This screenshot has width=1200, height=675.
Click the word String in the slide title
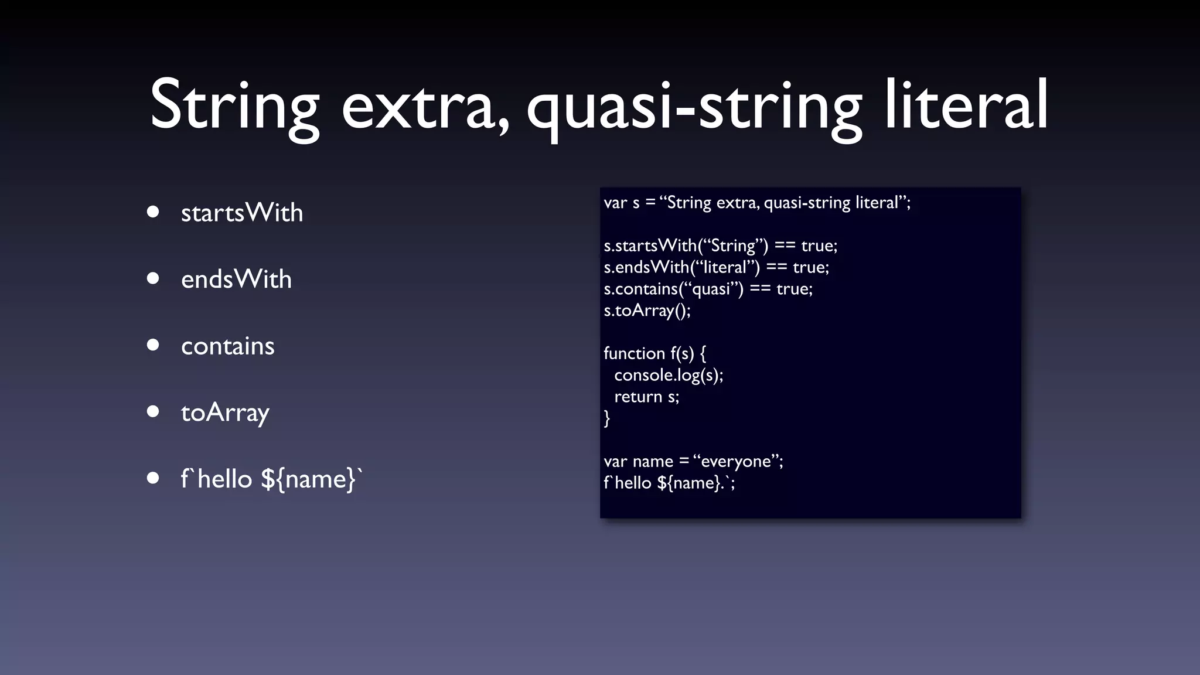coord(234,105)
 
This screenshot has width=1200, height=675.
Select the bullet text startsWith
coord(242,212)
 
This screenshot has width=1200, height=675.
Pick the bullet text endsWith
coord(236,279)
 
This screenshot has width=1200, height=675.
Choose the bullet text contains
coord(227,346)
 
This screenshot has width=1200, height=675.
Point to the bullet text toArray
coord(225,412)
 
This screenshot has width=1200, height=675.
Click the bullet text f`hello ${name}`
coord(271,479)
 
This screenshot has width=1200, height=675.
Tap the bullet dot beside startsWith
coord(153,212)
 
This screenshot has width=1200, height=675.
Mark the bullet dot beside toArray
coord(153,412)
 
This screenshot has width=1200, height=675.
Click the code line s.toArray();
coord(647,310)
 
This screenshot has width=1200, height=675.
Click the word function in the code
coord(634,353)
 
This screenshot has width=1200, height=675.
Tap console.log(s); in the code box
coord(669,375)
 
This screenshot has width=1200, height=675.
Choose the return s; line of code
coord(646,397)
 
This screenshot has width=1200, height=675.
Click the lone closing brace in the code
coord(607,418)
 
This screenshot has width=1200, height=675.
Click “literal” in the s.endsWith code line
coord(725,267)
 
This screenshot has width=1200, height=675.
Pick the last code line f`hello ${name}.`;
coord(669,483)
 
